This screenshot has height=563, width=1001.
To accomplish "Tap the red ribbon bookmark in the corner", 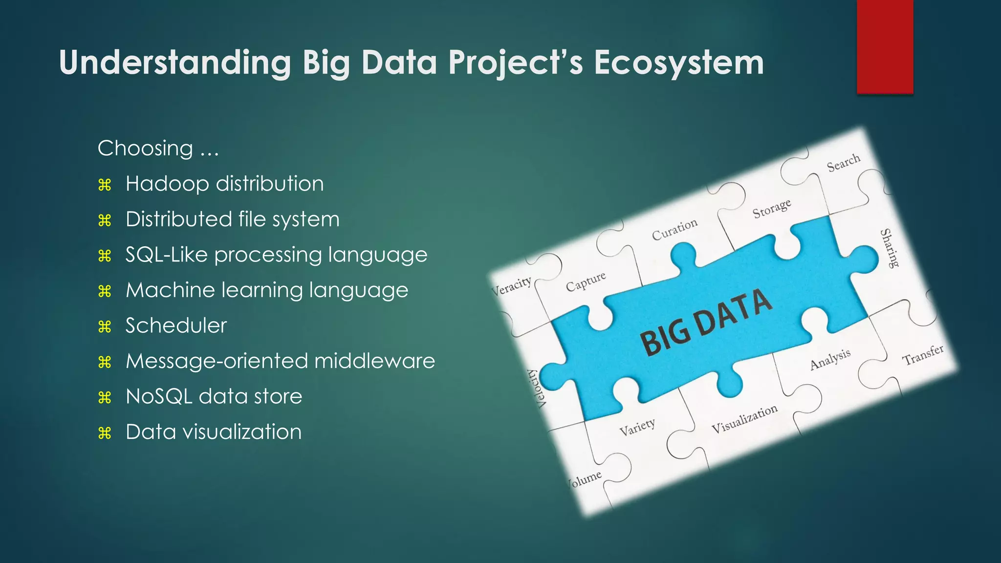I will point(885,46).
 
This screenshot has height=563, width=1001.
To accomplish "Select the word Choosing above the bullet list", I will point(145,148).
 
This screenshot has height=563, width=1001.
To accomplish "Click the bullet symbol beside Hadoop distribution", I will point(105,185).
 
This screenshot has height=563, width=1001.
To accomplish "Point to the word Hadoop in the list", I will point(167,184).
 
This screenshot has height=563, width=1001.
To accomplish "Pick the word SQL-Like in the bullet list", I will point(166,255).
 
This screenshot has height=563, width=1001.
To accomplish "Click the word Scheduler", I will point(176,325).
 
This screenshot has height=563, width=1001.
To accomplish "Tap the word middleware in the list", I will point(374,361).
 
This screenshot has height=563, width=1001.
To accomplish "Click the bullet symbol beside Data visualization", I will point(105,433).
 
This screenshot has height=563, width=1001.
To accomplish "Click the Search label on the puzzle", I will point(843,163).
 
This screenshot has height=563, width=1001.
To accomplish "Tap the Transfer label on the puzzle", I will point(922,355).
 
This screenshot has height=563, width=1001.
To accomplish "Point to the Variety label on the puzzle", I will point(637,427).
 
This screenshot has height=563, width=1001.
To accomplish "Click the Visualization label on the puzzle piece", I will point(744,419).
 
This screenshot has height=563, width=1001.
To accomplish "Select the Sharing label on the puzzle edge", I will point(889,248).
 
